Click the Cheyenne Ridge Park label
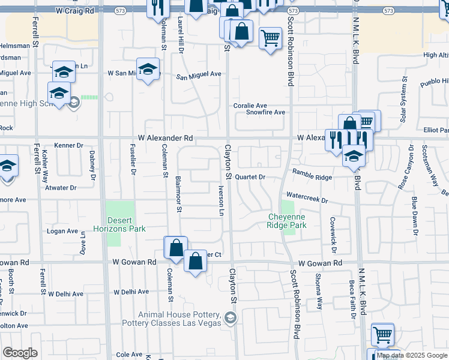[287, 221]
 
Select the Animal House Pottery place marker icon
[229, 319]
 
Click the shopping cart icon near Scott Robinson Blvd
[270, 38]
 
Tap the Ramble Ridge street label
[312, 178]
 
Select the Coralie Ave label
[250, 106]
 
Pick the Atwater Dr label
[61, 188]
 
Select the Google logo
[20, 353]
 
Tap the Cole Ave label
[129, 355]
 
